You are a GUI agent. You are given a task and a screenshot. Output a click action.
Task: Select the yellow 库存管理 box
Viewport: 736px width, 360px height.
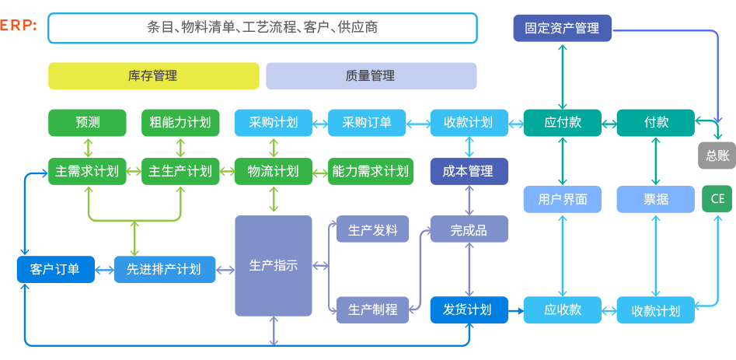153,76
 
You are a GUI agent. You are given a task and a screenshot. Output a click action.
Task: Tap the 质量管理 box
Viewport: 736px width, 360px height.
371,76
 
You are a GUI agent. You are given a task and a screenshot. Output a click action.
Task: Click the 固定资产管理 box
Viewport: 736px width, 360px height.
562,28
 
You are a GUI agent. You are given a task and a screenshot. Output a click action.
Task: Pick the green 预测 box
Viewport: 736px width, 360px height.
87,123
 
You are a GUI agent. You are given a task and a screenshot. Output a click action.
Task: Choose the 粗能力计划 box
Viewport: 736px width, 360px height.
180,123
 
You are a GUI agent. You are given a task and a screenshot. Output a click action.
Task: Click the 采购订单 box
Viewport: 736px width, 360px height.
367,123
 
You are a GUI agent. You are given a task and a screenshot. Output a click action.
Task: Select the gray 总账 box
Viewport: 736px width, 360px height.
717,156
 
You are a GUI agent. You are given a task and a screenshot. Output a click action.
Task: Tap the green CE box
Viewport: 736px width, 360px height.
717,199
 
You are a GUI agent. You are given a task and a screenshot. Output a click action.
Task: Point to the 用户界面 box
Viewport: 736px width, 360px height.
562,199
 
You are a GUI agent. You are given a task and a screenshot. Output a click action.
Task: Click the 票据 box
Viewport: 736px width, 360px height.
655,199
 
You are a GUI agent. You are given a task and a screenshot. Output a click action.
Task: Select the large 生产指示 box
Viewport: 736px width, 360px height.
274,266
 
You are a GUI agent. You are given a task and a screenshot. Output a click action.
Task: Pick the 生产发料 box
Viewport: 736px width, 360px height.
372,230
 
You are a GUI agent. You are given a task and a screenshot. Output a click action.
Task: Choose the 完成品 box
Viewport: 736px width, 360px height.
469,230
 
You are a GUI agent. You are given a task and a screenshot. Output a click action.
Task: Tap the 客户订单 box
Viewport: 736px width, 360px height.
54,269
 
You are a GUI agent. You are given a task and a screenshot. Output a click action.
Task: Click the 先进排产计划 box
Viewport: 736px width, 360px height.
164,269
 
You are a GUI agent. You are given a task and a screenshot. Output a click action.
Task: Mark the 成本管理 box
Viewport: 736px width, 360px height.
469,171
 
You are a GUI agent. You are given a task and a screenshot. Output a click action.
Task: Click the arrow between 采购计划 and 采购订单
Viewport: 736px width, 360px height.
319,123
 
